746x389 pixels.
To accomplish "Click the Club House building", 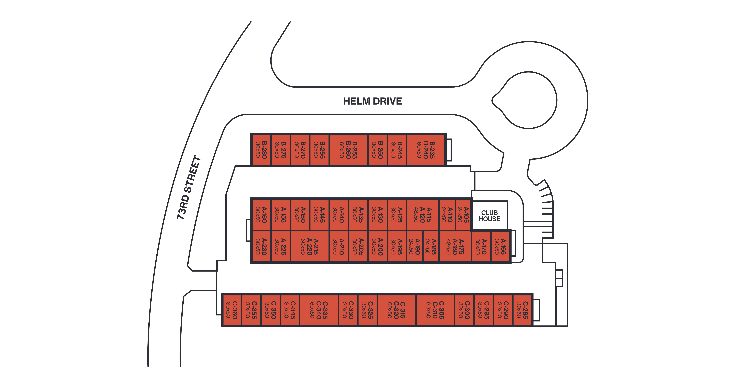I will pyautogui.click(x=489, y=216).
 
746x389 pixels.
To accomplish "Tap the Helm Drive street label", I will pyautogui.click(x=372, y=101).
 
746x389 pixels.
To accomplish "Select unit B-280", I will pyautogui.click(x=261, y=150).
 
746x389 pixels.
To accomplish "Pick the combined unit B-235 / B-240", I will pyautogui.click(x=426, y=150).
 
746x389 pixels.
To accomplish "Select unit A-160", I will pyautogui.click(x=261, y=215).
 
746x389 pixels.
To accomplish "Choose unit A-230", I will pyautogui.click(x=261, y=247).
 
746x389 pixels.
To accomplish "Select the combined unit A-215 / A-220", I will pyautogui.click(x=310, y=247).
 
